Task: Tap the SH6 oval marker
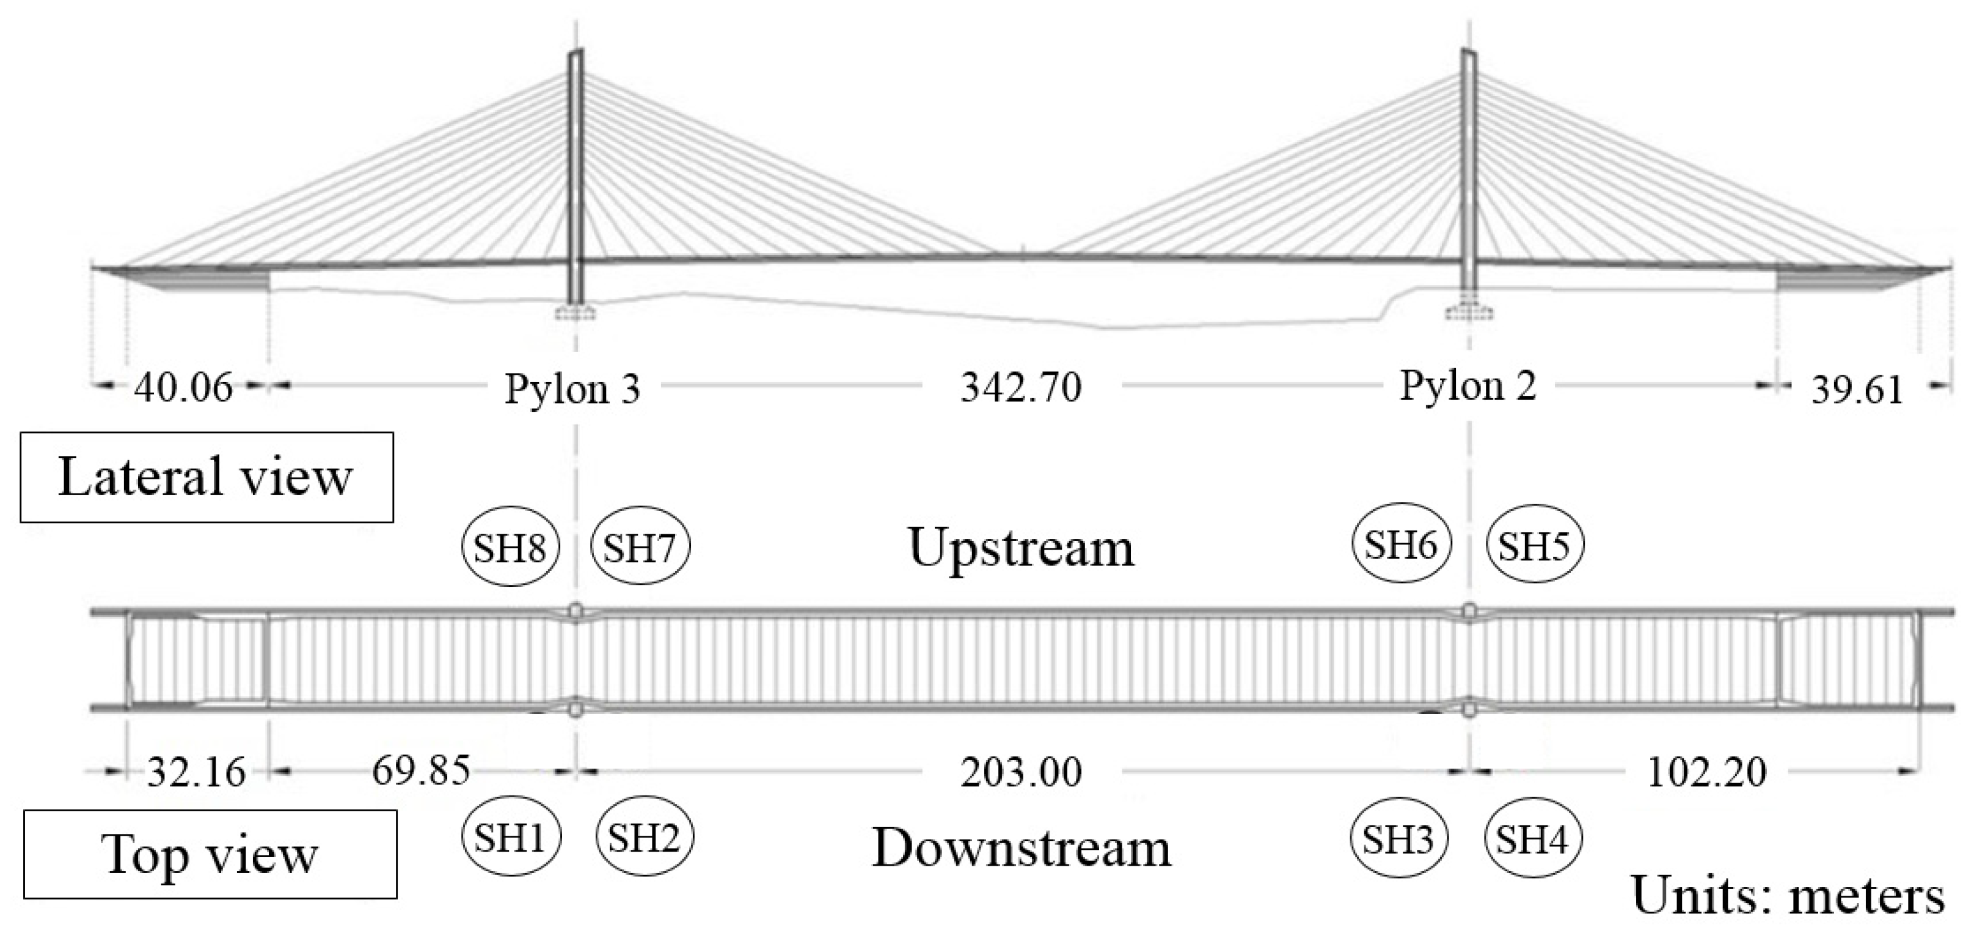pos(1401,544)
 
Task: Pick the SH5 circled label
pos(1534,545)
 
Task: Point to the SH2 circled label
pos(645,837)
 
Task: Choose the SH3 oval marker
pos(1398,839)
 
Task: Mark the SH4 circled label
pos(1533,839)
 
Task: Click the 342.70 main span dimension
pos(1022,387)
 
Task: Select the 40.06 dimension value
pos(183,386)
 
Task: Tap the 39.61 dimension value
pos(1857,389)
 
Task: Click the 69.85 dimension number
pos(421,770)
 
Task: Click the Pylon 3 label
pos(572,389)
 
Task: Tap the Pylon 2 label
pos(1468,386)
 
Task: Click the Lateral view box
pos(206,477)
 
